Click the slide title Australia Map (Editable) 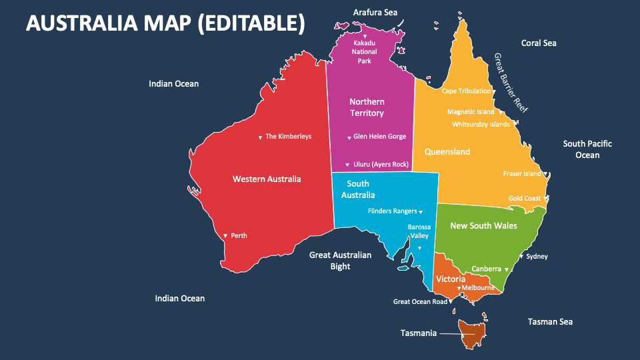point(165,23)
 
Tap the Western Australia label point(267,179)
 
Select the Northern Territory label point(367,107)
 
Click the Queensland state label point(447,152)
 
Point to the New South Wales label point(483,225)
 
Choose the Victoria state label point(450,279)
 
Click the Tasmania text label point(418,333)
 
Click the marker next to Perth point(225,236)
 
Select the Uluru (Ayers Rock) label point(380,165)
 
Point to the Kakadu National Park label point(365,52)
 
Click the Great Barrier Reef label point(511,83)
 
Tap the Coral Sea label point(539,43)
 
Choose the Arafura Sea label point(375,12)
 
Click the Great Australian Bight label point(340,261)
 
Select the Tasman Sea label point(550,322)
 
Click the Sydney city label point(537,256)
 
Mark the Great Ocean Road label point(420,301)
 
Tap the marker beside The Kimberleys point(260,137)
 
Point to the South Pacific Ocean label point(587,149)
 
